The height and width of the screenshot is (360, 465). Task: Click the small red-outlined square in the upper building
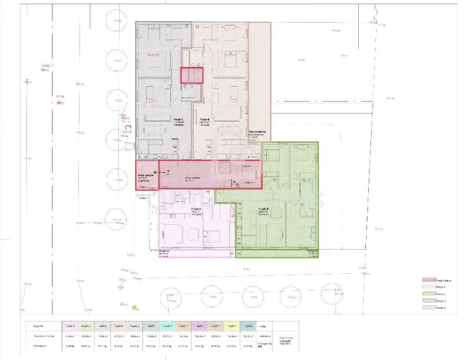[191, 75]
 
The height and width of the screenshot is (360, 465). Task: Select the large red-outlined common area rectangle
[210, 174]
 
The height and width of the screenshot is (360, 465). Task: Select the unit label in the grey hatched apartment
[177, 121]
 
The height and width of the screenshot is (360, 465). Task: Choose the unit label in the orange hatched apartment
[204, 121]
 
